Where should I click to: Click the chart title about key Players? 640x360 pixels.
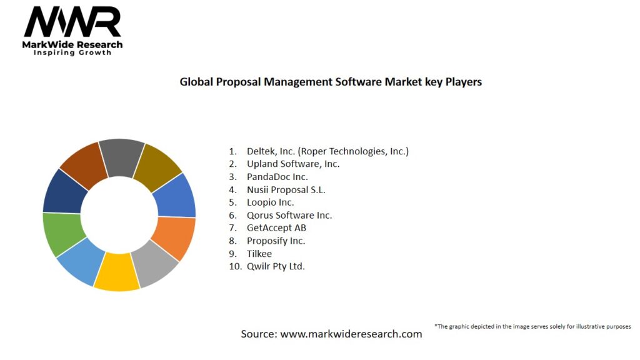click(331, 82)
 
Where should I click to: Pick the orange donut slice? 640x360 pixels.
click(174, 237)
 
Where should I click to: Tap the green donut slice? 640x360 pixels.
click(61, 234)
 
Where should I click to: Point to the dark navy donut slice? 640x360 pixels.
click(63, 190)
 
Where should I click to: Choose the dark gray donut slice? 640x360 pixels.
click(122, 156)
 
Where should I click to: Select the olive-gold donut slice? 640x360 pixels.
click(157, 166)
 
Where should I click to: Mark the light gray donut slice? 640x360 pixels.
click(156, 264)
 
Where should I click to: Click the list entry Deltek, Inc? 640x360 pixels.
click(327, 151)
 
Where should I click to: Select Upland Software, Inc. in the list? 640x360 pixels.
click(292, 164)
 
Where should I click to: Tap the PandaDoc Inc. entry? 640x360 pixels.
click(277, 177)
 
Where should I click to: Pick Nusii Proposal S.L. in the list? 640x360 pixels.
click(286, 189)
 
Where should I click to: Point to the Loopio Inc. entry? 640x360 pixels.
click(270, 202)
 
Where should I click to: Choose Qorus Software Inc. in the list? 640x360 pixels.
click(289, 215)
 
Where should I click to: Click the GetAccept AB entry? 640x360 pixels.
click(276, 227)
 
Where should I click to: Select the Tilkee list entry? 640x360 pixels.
click(259, 253)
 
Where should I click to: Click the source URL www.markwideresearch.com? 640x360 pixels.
click(351, 334)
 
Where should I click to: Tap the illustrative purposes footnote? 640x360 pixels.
click(532, 326)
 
